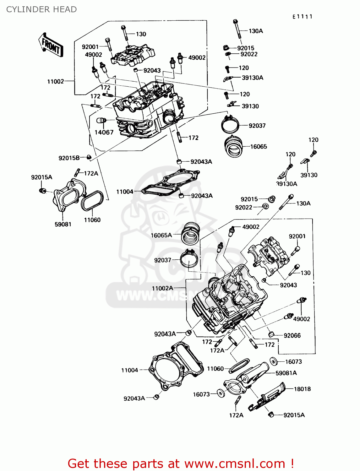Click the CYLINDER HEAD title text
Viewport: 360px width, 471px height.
tap(41, 9)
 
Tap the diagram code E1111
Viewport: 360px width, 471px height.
tap(302, 17)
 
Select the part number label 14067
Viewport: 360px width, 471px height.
tap(104, 133)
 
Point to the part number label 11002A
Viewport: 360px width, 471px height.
tap(162, 288)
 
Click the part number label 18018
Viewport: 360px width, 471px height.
tap(302, 389)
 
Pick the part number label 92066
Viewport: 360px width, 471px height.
tap(292, 336)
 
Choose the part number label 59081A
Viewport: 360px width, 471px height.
tap(286, 373)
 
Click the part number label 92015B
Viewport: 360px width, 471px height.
tap(69, 158)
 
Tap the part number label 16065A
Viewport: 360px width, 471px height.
tap(161, 235)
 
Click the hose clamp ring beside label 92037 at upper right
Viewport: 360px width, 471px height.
tap(230, 125)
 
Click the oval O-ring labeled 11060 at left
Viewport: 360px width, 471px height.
tap(92, 200)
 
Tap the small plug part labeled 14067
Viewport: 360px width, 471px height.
tap(101, 121)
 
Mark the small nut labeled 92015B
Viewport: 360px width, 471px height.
tap(89, 157)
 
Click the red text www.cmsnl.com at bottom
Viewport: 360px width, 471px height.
tap(234, 463)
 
